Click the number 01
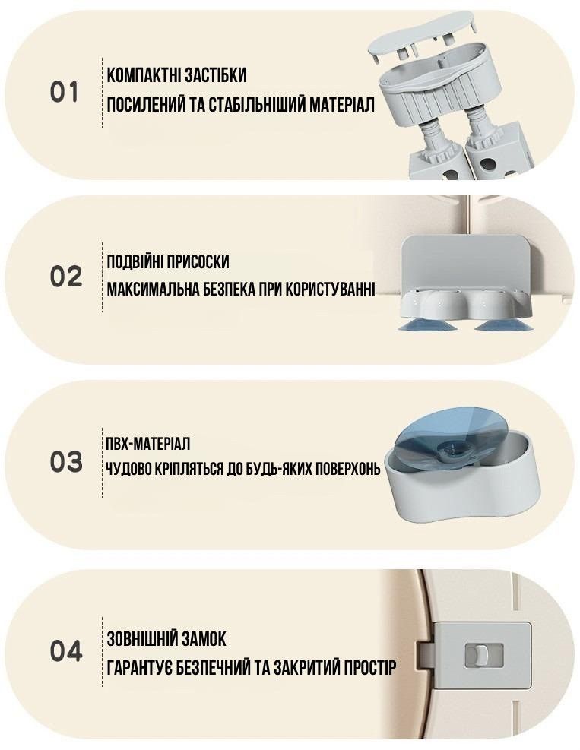click(x=64, y=92)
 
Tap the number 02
click(x=66, y=277)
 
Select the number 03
click(x=66, y=462)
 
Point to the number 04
click(x=66, y=651)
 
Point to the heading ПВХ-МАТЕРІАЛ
click(x=148, y=443)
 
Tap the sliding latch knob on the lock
click(x=477, y=655)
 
